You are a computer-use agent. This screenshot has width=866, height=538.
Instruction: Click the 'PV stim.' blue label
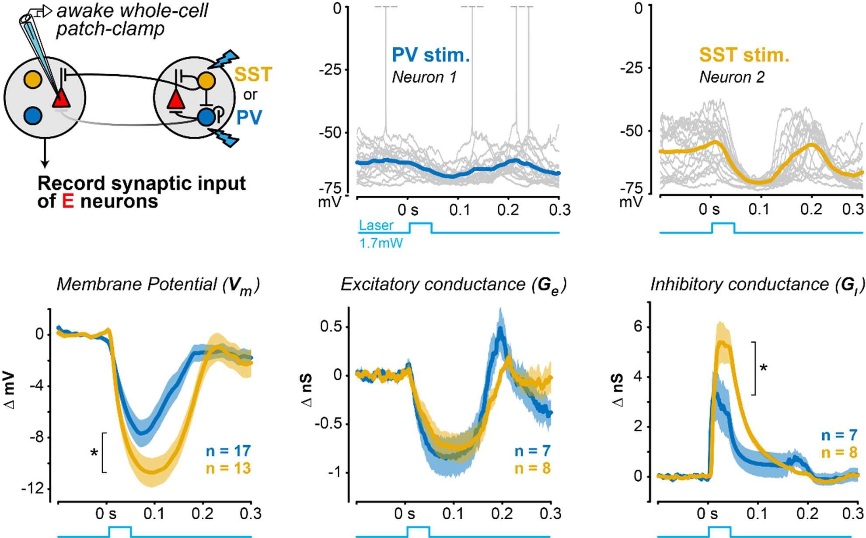tap(430, 55)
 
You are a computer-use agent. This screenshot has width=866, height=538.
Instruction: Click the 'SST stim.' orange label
tap(744, 55)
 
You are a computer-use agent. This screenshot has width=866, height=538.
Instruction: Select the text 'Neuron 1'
tap(424, 77)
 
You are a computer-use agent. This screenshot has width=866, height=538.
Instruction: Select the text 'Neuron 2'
tap(732, 77)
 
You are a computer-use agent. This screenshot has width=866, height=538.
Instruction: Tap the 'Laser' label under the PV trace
tap(376, 226)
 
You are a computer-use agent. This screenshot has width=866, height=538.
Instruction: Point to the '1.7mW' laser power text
tap(381, 243)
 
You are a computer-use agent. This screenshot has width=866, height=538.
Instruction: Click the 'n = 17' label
tap(228, 451)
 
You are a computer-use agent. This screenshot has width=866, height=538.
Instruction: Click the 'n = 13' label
tap(228, 469)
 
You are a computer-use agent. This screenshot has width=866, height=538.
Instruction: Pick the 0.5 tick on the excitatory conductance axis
tap(331, 327)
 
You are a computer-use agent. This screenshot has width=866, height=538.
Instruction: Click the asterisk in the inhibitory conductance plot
tap(764, 368)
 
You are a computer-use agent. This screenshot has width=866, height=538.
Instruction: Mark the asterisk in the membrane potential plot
tap(94, 453)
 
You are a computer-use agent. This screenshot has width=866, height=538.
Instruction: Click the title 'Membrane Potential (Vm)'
tap(158, 285)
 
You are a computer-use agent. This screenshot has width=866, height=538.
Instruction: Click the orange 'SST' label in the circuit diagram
tap(253, 74)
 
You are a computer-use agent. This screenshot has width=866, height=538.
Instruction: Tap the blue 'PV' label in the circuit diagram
tap(249, 117)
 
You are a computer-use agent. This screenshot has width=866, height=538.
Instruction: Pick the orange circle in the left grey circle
tap(33, 80)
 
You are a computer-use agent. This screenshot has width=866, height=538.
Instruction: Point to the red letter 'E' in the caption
tap(68, 201)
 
